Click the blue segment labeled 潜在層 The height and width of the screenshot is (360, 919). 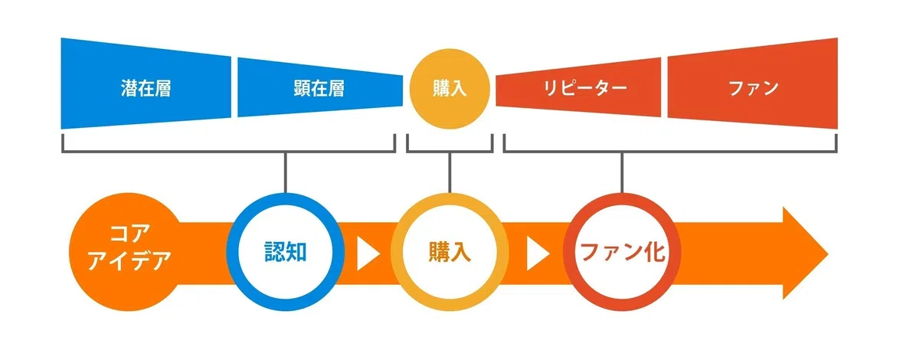tap(146, 83)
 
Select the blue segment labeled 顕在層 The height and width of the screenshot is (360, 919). tap(320, 87)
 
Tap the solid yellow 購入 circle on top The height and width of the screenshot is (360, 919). tap(450, 89)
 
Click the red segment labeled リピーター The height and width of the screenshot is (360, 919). tap(578, 87)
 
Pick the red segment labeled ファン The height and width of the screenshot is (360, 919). tap(752, 83)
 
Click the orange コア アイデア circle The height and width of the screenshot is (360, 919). tap(128, 252)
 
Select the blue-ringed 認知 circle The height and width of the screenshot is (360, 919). tap(286, 252)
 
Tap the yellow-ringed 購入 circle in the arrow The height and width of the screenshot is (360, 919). tap(450, 252)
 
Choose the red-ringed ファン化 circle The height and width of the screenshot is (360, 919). tap(622, 252)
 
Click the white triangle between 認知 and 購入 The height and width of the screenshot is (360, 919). tap(366, 254)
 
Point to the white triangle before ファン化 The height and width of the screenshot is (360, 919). tap(536, 254)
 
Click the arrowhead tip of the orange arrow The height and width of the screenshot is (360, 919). tap(829, 254)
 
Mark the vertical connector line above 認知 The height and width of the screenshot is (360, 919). tap(286, 172)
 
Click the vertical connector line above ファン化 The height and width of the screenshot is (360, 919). tap(622, 172)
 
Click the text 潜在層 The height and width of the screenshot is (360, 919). tap(146, 88)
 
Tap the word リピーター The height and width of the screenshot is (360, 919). tap(585, 88)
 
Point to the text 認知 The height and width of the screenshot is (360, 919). tap(286, 252)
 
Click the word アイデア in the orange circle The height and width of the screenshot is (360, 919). tap(129, 261)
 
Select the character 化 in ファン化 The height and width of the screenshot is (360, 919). tap(654, 252)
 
